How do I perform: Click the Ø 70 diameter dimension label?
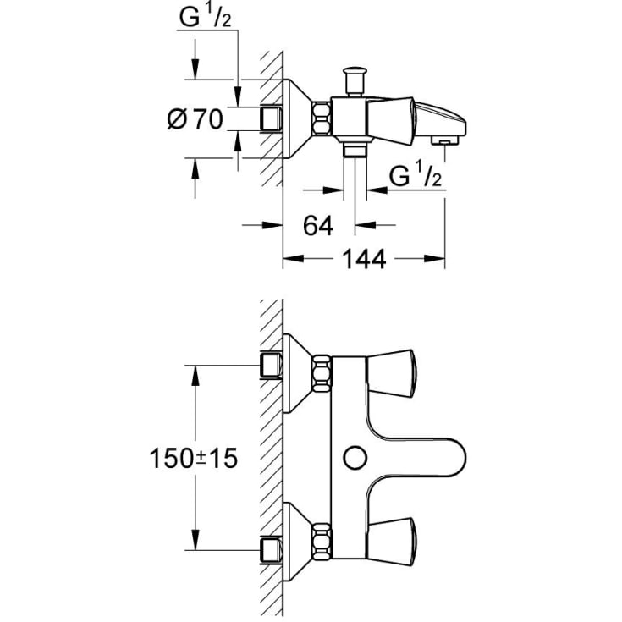point(195,118)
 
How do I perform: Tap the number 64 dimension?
point(318,226)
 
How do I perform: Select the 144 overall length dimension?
point(364,259)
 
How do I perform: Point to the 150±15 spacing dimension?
point(193,458)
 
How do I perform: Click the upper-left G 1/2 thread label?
point(205,18)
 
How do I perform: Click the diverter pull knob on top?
point(355,81)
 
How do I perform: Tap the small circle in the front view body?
point(355,458)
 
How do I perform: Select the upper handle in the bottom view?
point(391,373)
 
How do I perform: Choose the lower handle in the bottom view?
point(391,541)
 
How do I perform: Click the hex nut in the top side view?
point(322,118)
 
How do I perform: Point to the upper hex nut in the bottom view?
point(322,373)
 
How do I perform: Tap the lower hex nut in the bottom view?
point(322,542)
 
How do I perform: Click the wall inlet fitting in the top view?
point(271,118)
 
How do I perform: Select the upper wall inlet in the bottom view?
point(271,365)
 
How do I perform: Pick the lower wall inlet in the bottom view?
point(271,550)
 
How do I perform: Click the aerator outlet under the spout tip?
point(444,140)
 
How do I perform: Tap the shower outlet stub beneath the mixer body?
point(355,151)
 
